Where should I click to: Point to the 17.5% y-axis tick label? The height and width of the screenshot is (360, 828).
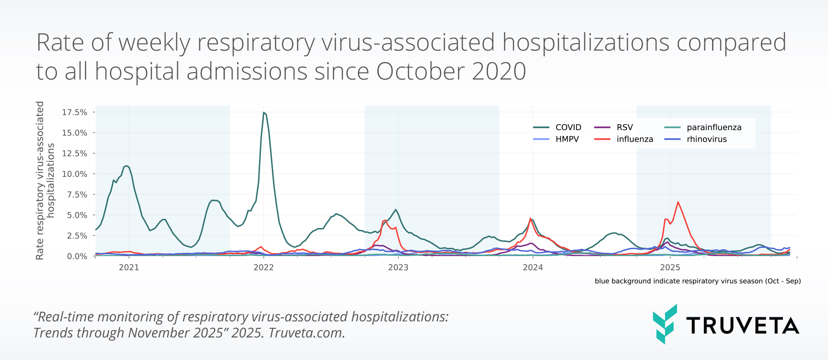click(x=75, y=112)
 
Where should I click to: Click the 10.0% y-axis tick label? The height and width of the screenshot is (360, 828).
click(x=75, y=174)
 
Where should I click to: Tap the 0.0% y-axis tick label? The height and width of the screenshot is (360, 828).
click(x=77, y=256)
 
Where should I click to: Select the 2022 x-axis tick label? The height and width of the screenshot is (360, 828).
click(x=264, y=268)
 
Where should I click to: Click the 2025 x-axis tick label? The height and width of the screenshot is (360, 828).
click(x=670, y=268)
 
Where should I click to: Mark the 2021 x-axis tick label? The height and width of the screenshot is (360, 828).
click(x=129, y=268)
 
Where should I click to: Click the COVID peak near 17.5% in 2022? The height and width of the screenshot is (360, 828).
click(x=264, y=113)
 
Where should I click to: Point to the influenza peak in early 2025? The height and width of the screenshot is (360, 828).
click(x=678, y=202)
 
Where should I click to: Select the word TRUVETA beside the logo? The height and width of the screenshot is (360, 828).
click(x=742, y=326)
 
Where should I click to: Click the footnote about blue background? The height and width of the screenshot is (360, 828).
click(x=697, y=281)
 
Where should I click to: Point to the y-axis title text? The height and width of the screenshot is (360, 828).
click(x=45, y=180)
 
